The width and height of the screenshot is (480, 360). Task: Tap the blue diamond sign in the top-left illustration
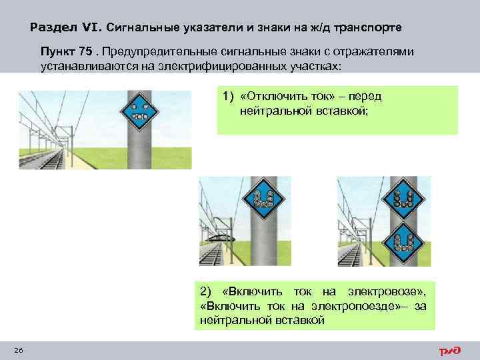(x=140, y=108)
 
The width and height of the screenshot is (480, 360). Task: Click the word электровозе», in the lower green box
(x=389, y=291)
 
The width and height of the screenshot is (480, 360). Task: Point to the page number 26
(x=18, y=351)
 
